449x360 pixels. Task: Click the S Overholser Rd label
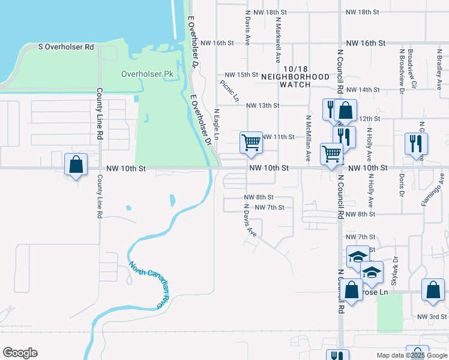click(x=67, y=46)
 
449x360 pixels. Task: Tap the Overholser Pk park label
click(x=147, y=74)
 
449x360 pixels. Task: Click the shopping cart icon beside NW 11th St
click(x=251, y=143)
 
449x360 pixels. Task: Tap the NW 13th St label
click(x=263, y=106)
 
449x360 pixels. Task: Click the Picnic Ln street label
click(x=229, y=91)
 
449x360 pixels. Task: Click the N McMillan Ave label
click(x=308, y=139)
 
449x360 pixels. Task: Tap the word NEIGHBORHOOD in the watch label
click(x=295, y=77)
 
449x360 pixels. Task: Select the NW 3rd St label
click(x=432, y=317)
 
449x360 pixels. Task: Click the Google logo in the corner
click(x=20, y=353)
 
